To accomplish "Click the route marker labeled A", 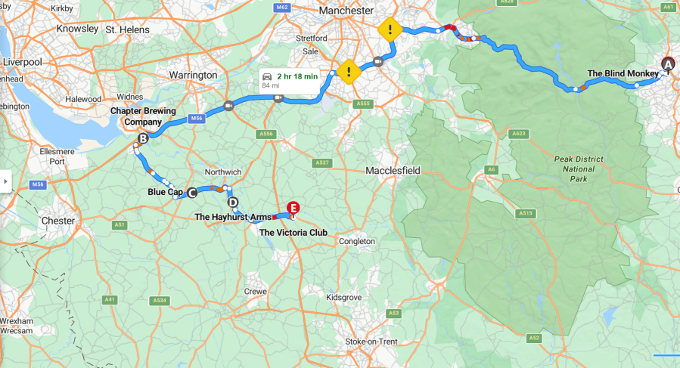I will click(667, 63).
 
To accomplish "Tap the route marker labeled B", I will click(143, 138).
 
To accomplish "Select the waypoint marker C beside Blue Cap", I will click(191, 193).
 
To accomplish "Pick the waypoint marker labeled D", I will click(232, 202).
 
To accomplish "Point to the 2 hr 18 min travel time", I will click(296, 76).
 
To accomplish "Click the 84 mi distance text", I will click(270, 85).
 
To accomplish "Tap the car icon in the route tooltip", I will click(266, 76).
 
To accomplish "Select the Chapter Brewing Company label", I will click(143, 116).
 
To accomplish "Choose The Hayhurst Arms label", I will click(231, 217).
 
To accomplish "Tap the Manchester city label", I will click(346, 11).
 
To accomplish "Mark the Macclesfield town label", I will click(393, 171).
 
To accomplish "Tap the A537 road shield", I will click(322, 162).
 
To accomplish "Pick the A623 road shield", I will click(518, 134).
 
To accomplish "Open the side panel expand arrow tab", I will click(5, 181).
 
